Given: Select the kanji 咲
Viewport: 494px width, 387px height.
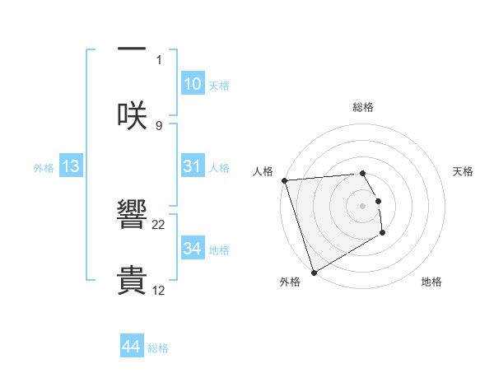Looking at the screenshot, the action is click(x=132, y=115).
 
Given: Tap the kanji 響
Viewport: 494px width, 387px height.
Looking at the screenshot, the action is click(x=132, y=217).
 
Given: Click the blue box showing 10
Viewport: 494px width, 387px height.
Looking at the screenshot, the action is click(x=192, y=84).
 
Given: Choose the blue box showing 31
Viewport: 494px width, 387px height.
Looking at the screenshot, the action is click(x=192, y=166).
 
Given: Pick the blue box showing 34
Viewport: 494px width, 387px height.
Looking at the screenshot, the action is click(x=192, y=249).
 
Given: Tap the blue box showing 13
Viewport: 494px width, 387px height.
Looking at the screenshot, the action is click(x=71, y=166).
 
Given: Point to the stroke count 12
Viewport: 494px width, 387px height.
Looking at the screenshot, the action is click(x=159, y=290).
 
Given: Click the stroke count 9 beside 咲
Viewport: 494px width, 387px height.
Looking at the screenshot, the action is click(x=159, y=125).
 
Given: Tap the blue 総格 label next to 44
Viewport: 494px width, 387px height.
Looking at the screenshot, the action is click(x=158, y=348).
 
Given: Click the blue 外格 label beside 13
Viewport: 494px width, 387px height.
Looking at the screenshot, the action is click(x=44, y=167).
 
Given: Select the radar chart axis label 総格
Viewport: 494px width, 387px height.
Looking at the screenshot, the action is click(x=363, y=107).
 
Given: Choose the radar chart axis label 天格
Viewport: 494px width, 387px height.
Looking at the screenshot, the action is click(x=463, y=171).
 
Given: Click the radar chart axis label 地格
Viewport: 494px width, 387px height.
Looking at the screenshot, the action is click(x=431, y=282).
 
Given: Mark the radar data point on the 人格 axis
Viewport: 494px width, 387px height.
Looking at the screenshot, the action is click(x=284, y=180).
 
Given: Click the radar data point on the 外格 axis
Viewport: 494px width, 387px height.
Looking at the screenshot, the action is click(x=314, y=272).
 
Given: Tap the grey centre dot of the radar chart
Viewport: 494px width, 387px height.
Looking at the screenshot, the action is click(x=363, y=205).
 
